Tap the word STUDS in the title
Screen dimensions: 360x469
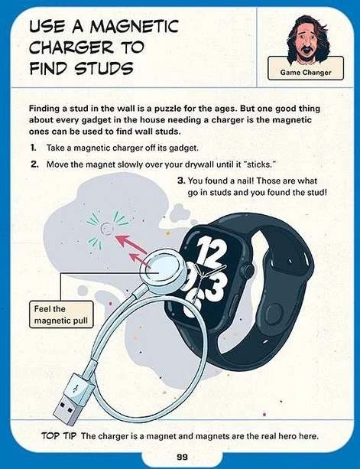(104, 68)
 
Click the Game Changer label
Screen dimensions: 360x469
(306, 73)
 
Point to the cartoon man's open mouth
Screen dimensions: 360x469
(305, 49)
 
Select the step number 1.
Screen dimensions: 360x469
(33, 148)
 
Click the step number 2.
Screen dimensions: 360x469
(34, 164)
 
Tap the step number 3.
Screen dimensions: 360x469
(181, 181)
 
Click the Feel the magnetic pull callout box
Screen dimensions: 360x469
(61, 314)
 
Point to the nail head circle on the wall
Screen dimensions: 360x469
(106, 229)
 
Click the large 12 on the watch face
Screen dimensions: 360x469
(210, 252)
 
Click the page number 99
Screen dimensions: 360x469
(182, 457)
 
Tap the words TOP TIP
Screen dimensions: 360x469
(59, 436)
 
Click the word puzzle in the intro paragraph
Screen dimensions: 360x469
(166, 109)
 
